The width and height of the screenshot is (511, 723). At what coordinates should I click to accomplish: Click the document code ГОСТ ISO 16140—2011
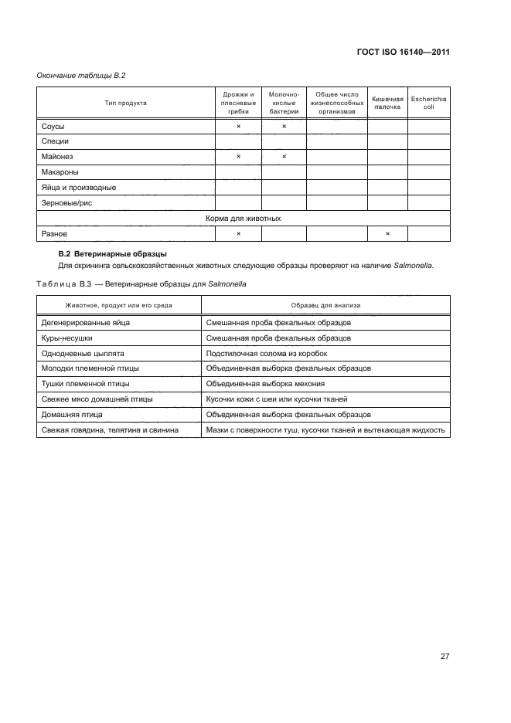pos(404,53)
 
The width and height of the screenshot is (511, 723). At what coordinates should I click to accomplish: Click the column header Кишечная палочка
pos(387,103)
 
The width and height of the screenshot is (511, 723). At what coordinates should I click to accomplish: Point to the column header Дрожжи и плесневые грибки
pos(238,103)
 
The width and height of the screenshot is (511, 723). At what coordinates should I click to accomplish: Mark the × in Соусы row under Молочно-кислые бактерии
pos(284,125)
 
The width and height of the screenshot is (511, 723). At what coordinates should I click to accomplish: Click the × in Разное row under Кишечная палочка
pos(387,233)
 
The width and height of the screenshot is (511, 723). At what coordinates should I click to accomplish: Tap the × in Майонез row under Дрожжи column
pos(238,156)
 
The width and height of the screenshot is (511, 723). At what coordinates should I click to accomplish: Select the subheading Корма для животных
pos(243,219)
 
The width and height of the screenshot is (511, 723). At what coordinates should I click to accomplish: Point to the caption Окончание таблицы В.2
pos(81,75)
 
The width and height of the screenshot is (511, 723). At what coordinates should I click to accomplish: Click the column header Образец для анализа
pos(325,306)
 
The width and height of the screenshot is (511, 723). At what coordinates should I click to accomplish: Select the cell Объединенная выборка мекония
pos(265,384)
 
